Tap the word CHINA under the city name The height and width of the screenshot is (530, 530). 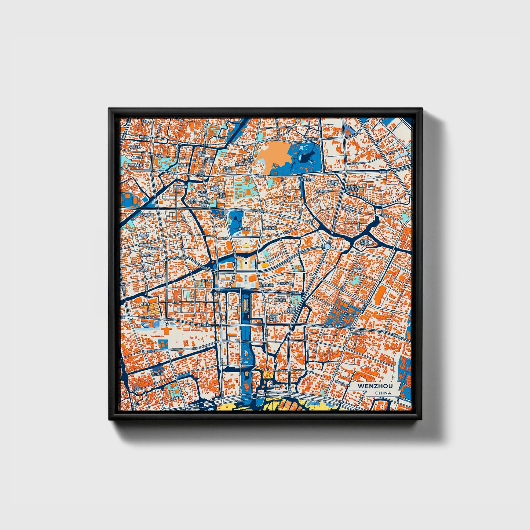pos(383,393)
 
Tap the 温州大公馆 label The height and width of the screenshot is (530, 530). pos(285,284)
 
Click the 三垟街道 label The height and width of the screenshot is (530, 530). pos(358,333)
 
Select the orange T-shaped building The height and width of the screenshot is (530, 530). pos(166,332)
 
